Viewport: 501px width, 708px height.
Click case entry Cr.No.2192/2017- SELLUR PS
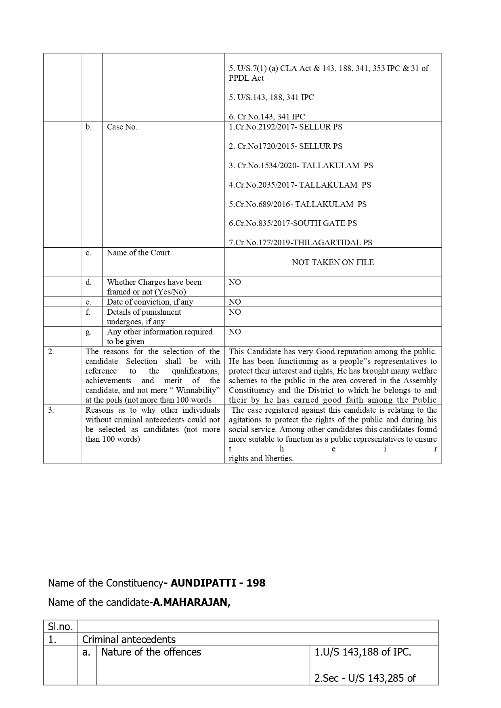(x=285, y=127)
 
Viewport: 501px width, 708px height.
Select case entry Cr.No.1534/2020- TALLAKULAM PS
(x=301, y=165)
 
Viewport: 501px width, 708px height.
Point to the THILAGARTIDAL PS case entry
(x=300, y=242)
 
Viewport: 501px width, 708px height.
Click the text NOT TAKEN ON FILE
(x=333, y=262)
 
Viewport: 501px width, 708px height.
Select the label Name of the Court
(x=138, y=253)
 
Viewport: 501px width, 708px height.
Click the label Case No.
(x=122, y=127)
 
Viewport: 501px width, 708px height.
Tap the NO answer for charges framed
(x=235, y=282)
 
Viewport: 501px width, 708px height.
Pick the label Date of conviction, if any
(x=150, y=302)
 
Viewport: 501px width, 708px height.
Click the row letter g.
(x=88, y=332)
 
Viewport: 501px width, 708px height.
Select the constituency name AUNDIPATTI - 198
(x=218, y=583)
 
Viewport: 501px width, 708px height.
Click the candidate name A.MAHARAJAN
(x=191, y=602)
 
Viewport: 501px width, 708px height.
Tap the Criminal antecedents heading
(x=129, y=639)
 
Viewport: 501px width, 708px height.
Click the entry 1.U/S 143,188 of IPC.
(x=363, y=652)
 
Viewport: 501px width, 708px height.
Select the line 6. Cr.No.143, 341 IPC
(x=267, y=117)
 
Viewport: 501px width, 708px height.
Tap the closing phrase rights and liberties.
(x=261, y=458)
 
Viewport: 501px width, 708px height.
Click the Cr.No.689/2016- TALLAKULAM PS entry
(x=298, y=204)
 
